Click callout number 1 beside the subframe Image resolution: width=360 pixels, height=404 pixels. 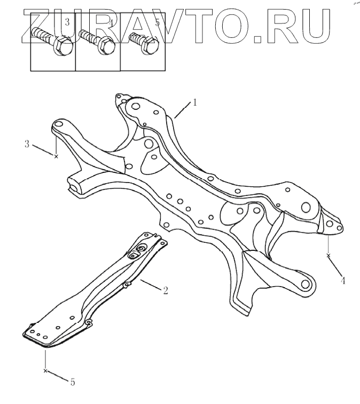(195, 102)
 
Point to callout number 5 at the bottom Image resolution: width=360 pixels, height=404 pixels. (73, 382)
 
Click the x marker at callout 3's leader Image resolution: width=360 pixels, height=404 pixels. (56, 156)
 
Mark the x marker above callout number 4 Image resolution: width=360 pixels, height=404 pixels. (328, 256)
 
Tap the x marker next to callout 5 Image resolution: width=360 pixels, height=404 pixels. (46, 370)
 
